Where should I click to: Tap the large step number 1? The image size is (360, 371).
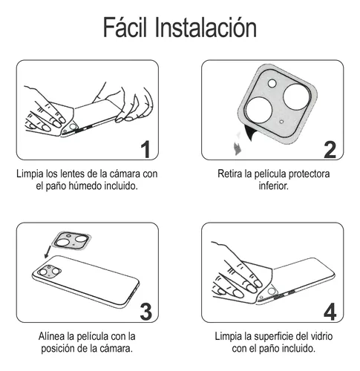pyautogui.click(x=145, y=148)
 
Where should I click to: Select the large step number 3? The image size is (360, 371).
pyautogui.click(x=145, y=312)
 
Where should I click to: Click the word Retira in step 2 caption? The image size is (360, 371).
pyautogui.click(x=232, y=174)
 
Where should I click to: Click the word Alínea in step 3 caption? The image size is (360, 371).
pyautogui.click(x=54, y=336)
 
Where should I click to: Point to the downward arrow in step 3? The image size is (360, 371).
pyautogui.click(x=47, y=256)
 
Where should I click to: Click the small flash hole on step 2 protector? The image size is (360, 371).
pyautogui.click(x=271, y=83)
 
